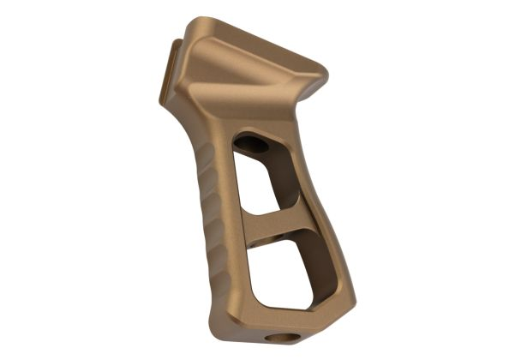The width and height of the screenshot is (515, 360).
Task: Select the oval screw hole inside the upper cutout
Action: coord(253,144)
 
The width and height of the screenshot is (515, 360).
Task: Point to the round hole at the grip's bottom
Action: coord(277,338)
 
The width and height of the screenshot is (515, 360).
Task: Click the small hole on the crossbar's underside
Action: coord(272,233)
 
